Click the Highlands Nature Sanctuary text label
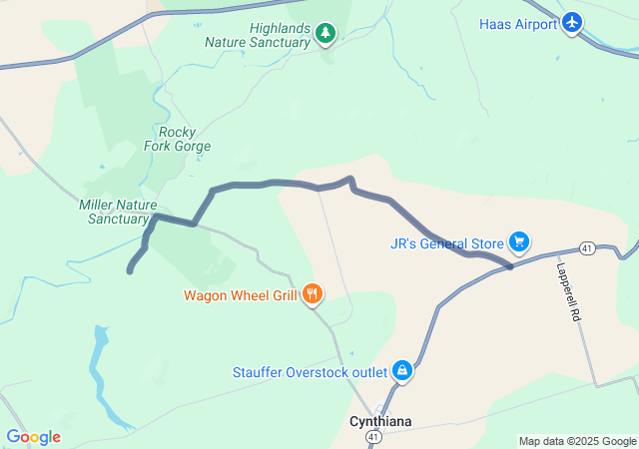(258, 35)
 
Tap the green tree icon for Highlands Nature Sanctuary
(324, 35)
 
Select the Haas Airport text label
(517, 24)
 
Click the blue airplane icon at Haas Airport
(572, 22)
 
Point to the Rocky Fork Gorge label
(185, 139)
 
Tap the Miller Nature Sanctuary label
(118, 212)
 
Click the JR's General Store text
(446, 242)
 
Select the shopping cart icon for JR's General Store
(518, 241)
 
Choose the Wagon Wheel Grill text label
(240, 295)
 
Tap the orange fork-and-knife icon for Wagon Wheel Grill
(313, 293)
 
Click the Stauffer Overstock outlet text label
(310, 372)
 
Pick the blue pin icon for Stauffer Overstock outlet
(401, 370)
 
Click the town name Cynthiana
(379, 421)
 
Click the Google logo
(33, 437)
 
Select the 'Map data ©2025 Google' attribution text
(576, 441)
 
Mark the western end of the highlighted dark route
(130, 270)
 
